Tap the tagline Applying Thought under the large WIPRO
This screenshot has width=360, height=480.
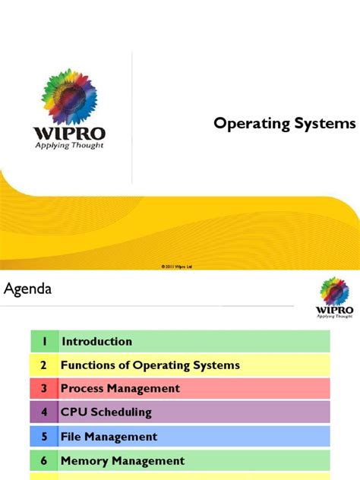[x=69, y=144]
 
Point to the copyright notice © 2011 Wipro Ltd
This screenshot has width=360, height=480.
[x=180, y=267]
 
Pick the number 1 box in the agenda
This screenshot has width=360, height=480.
[x=44, y=342]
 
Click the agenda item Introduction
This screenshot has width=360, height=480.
[x=97, y=342]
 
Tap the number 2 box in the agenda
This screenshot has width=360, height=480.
[x=44, y=365]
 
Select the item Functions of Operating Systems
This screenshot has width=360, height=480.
[x=150, y=365]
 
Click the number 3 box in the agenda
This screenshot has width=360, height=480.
[x=44, y=389]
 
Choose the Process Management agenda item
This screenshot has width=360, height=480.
[x=121, y=389]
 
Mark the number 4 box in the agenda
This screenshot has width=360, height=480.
[x=44, y=412]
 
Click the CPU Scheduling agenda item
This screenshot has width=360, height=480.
[x=107, y=412]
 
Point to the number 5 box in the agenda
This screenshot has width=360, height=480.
[x=44, y=437]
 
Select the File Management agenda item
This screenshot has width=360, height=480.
[x=109, y=437]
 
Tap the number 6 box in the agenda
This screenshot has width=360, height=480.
[x=44, y=460]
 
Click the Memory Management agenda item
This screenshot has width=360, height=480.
[x=123, y=460]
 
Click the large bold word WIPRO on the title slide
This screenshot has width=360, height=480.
[x=69, y=131]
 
